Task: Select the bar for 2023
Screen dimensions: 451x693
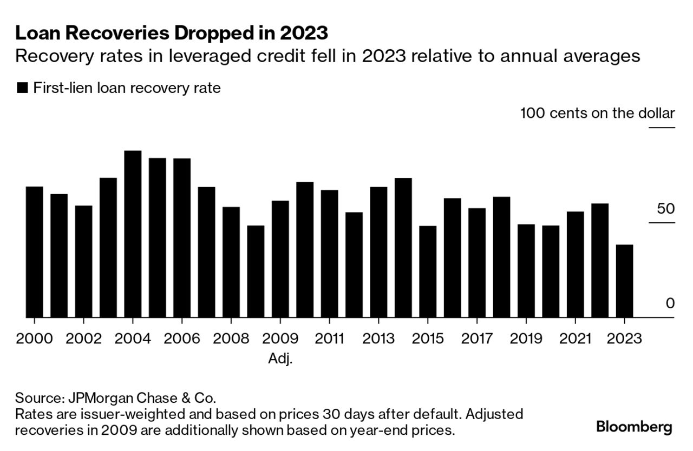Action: tap(624, 281)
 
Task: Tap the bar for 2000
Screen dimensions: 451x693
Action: tap(34, 251)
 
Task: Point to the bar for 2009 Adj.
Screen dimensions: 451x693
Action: tap(280, 259)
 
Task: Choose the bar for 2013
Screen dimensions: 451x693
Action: tap(378, 252)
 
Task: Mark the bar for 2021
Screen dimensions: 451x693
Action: tap(575, 264)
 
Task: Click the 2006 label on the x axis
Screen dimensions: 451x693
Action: tap(182, 339)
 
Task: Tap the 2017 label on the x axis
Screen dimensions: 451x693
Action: tap(477, 339)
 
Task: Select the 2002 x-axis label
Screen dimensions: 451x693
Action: tap(83, 339)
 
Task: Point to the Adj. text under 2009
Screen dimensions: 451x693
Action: tap(280, 359)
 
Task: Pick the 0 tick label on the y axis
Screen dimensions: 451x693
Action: tap(670, 303)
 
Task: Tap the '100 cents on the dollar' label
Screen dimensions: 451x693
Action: tap(597, 114)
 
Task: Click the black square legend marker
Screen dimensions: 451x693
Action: tap(22, 88)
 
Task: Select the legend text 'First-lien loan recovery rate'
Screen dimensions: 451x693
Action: tap(127, 88)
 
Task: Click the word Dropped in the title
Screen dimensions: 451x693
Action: tap(197, 34)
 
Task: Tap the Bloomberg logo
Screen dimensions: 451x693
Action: tap(634, 427)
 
